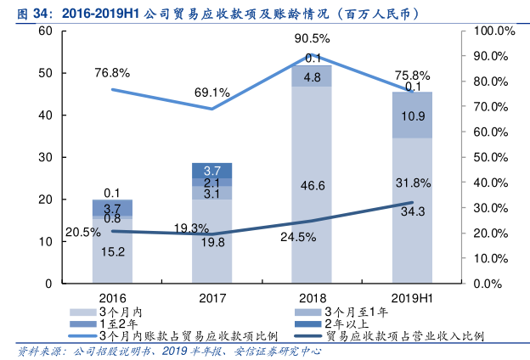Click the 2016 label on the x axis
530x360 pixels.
(x=112, y=298)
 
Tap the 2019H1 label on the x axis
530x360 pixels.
(x=412, y=298)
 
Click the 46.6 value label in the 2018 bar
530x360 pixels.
(x=312, y=185)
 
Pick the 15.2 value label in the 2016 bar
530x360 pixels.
(x=112, y=251)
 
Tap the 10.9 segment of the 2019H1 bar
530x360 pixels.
(x=412, y=115)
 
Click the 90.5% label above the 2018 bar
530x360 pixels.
(x=312, y=38)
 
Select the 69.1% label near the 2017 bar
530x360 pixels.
(x=212, y=92)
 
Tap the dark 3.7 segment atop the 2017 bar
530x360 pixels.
(x=212, y=170)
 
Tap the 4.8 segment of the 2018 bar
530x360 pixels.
(x=312, y=77)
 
